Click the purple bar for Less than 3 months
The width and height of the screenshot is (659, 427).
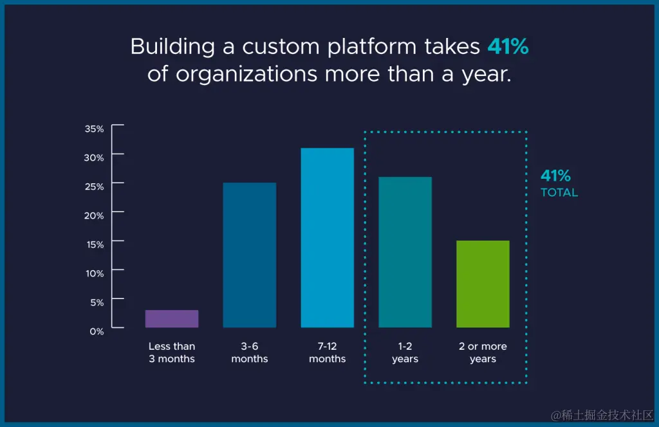172,319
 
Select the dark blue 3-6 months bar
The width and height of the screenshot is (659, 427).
250,255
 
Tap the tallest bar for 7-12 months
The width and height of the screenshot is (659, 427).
327,238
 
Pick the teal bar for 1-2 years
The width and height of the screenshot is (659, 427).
405,252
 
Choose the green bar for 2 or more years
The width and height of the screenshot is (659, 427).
483,284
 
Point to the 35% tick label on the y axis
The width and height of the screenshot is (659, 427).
94,129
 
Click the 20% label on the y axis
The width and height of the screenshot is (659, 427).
94,215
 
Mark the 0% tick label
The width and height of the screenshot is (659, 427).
97,331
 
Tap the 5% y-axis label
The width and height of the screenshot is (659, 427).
97,302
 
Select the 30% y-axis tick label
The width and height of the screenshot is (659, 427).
94,158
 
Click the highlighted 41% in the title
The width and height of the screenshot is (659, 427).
508,46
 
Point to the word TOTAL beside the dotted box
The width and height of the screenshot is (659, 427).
559,192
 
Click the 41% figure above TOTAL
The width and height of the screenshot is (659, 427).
555,176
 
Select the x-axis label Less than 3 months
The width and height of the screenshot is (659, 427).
172,352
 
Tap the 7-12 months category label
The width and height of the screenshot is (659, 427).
327,352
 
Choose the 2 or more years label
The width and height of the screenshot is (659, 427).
483,352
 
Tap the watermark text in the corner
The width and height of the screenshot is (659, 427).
597,415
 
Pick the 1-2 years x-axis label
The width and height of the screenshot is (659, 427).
405,352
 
